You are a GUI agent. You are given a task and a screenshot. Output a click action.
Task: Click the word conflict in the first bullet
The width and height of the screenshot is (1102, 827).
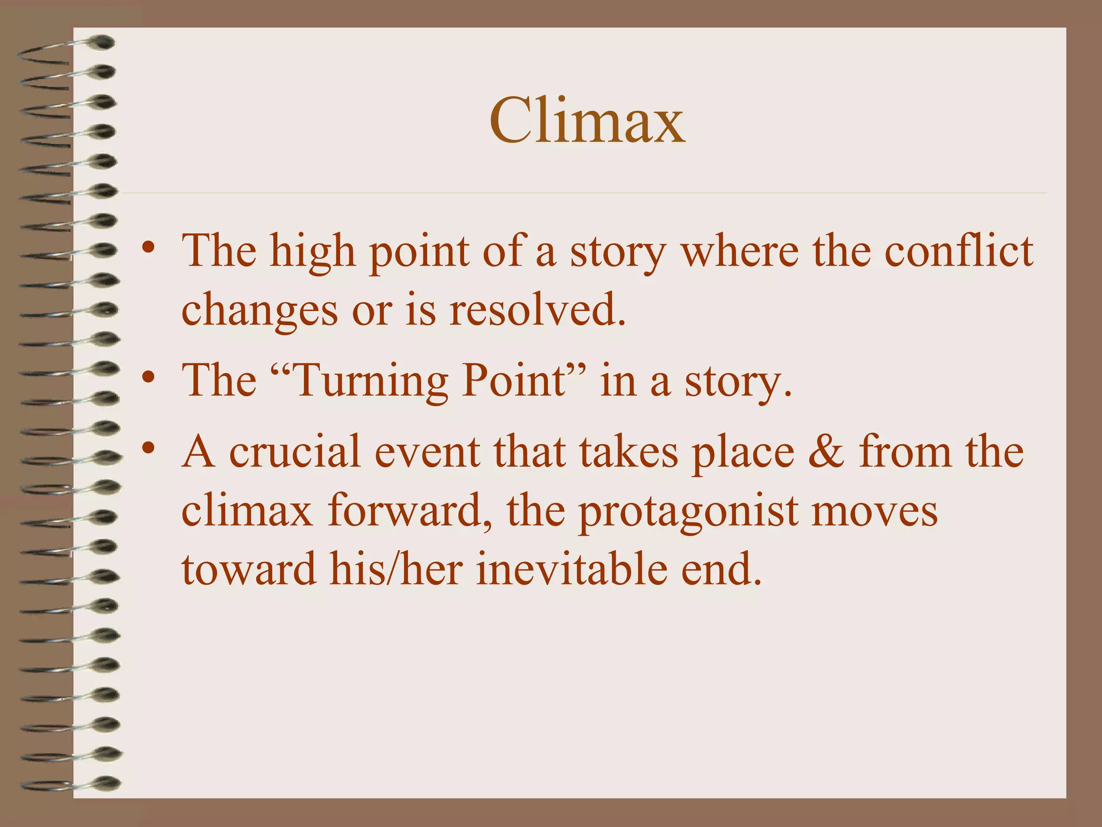click(x=958, y=251)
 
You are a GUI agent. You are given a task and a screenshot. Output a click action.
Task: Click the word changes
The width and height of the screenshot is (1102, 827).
click(x=260, y=311)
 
